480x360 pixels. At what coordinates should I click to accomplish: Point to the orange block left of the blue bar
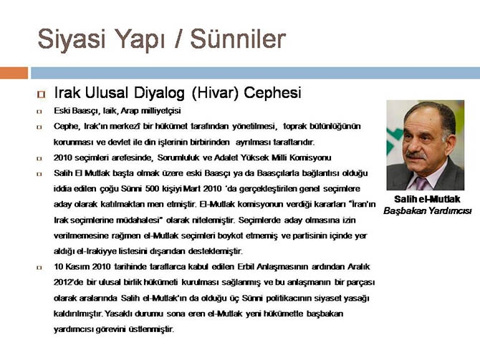(14, 72)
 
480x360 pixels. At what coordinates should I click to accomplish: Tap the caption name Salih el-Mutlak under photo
(427, 199)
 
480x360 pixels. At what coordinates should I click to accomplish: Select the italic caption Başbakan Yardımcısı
(427, 211)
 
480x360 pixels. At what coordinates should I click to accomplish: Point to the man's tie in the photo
(422, 183)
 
